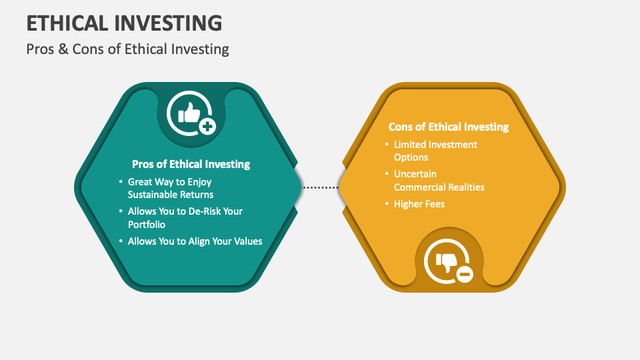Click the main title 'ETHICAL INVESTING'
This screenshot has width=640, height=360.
click(124, 23)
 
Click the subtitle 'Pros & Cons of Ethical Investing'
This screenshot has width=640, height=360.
click(127, 49)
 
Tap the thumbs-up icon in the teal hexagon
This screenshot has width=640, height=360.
click(189, 113)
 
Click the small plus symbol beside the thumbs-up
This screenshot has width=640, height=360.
click(207, 126)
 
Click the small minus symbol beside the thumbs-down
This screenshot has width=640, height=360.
click(464, 273)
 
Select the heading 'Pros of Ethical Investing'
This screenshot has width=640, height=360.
click(191, 164)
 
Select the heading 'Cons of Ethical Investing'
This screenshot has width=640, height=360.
click(448, 127)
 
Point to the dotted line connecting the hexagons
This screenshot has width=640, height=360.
click(321, 188)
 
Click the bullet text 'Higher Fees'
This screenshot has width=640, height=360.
click(419, 203)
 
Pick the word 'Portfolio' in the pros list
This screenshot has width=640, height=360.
click(147, 225)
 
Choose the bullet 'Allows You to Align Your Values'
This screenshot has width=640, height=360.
click(195, 241)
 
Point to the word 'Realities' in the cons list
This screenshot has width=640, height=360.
click(465, 187)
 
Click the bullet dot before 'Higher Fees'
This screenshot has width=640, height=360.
click(387, 203)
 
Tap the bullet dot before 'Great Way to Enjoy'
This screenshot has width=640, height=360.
click(121, 181)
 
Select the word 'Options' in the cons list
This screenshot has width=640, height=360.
click(411, 157)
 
